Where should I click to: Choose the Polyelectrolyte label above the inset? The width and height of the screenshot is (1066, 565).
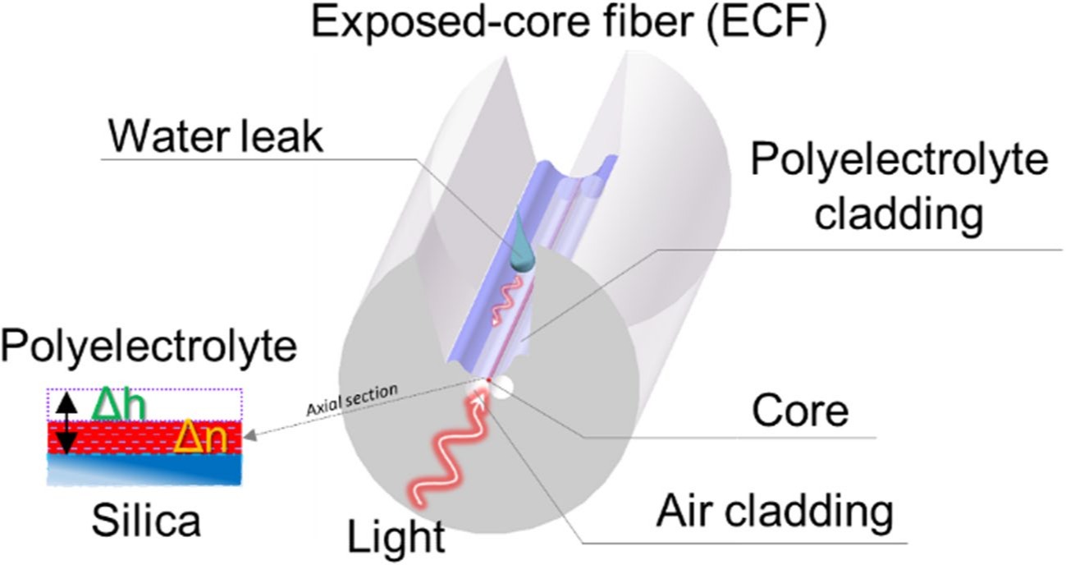tap(148, 347)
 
